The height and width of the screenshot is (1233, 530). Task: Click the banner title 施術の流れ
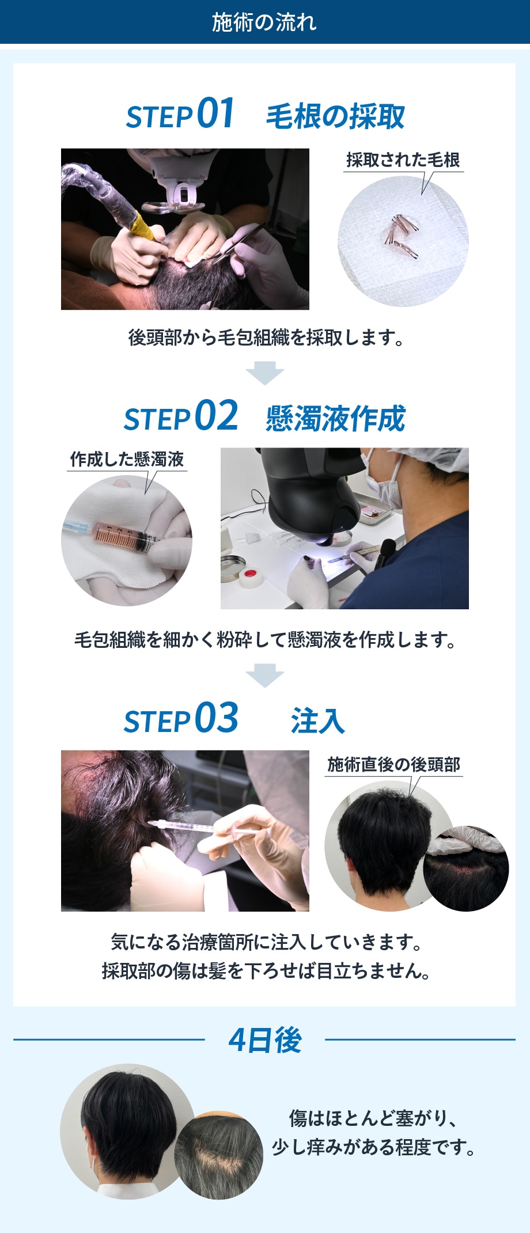point(264,22)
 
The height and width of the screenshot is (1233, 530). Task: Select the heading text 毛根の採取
point(335,116)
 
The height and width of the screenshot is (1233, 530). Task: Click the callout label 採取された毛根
point(403,160)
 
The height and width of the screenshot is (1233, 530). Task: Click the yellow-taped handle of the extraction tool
point(142,226)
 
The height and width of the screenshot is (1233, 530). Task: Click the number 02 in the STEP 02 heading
point(217,415)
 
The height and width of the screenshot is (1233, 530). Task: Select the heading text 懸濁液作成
point(335,419)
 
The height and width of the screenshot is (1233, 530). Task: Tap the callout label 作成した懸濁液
point(127,459)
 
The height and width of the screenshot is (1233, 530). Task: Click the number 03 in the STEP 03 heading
point(217,718)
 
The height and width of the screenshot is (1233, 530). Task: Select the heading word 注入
point(318,721)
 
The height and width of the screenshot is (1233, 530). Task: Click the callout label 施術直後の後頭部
point(394,764)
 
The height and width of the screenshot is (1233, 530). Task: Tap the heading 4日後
point(265,1040)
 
